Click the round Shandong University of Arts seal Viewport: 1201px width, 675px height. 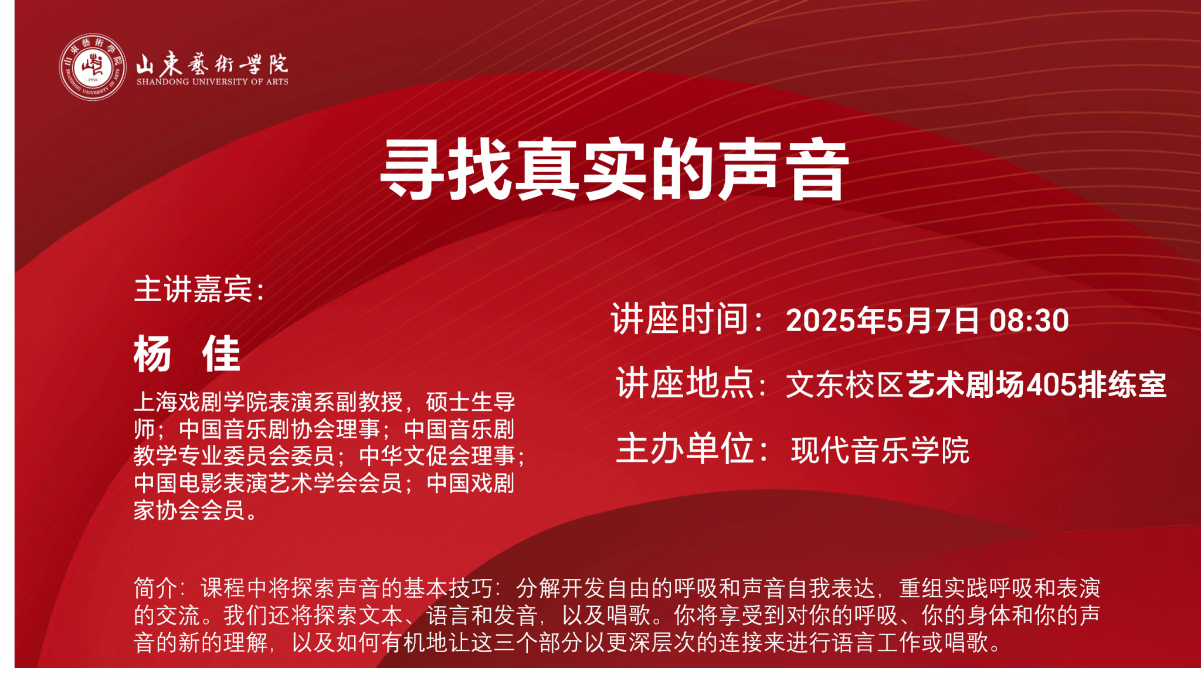93,67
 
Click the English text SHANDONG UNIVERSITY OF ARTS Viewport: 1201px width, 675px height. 212,82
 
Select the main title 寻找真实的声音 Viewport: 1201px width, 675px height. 614,169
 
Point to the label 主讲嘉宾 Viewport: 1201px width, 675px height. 193,289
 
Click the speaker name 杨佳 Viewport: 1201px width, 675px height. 187,354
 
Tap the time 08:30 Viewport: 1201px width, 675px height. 1029,321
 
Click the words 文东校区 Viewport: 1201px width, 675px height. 845,385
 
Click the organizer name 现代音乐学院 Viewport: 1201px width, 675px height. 880,450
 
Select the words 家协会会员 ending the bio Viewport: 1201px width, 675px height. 189,510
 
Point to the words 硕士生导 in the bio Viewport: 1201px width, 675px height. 470,402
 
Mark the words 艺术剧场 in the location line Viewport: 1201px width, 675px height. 965,385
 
